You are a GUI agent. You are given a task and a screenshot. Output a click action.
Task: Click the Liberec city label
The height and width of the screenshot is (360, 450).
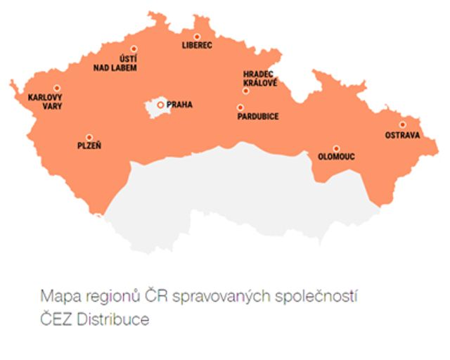pyautogui.click(x=197, y=46)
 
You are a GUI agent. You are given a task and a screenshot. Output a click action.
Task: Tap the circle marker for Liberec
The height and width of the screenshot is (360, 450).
pyautogui.click(x=197, y=36)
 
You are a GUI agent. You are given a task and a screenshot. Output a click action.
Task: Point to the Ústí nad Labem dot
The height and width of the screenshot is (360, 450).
pyautogui.click(x=134, y=49)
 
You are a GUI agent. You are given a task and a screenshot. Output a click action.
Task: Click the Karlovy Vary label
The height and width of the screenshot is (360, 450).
pyautogui.click(x=45, y=101)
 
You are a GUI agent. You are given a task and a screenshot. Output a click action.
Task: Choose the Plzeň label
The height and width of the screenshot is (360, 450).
pyautogui.click(x=89, y=146)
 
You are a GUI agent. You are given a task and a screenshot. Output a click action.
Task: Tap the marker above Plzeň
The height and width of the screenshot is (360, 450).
pyautogui.click(x=89, y=137)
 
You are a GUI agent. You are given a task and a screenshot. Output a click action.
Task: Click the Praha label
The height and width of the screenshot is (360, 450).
pyautogui.click(x=179, y=105)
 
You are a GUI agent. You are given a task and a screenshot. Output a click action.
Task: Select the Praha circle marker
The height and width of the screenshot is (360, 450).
pyautogui.click(x=161, y=105)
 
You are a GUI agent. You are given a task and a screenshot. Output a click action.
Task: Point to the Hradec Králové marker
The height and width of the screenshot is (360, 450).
pyautogui.click(x=245, y=91)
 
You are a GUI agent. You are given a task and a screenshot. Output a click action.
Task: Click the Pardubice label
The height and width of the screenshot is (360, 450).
pyautogui.click(x=258, y=117)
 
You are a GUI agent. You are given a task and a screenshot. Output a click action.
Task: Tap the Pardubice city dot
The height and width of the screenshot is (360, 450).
pyautogui.click(x=240, y=108)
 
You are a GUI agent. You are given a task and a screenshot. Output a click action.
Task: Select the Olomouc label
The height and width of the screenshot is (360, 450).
pyautogui.click(x=336, y=157)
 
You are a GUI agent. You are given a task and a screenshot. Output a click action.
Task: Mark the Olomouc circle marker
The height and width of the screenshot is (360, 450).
pyautogui.click(x=336, y=148)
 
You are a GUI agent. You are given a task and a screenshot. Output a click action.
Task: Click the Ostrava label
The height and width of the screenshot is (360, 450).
pyautogui.click(x=402, y=135)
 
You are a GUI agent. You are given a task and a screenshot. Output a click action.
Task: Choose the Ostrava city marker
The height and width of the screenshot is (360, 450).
pyautogui.click(x=402, y=125)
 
